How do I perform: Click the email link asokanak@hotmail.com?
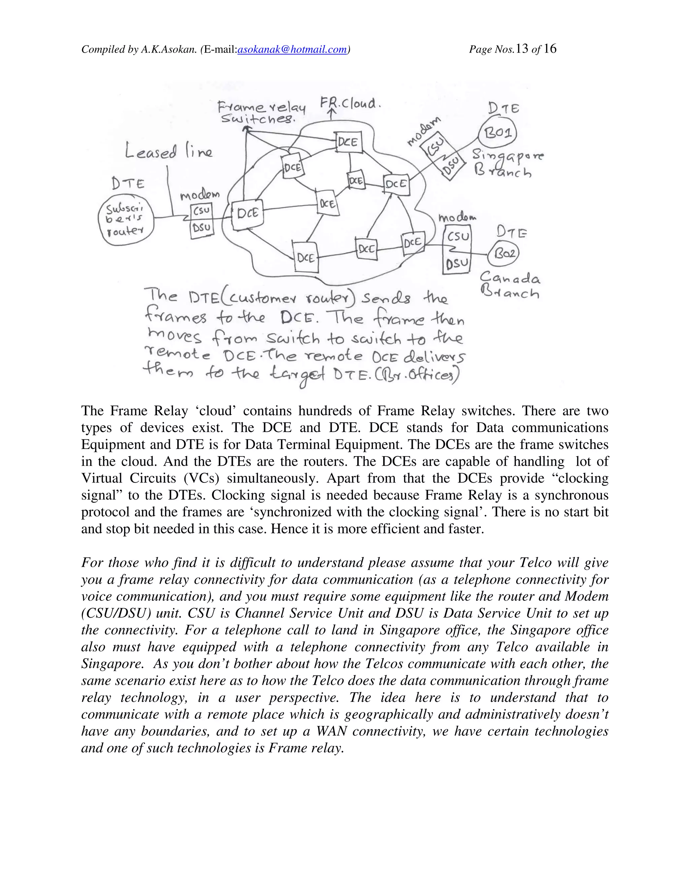292,50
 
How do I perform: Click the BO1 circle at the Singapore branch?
498,133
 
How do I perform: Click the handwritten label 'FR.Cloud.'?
350,103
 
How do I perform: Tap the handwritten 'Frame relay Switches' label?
260,113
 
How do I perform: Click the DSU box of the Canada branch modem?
457,264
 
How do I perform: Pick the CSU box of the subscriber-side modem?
201,211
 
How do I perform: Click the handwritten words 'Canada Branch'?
510,285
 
